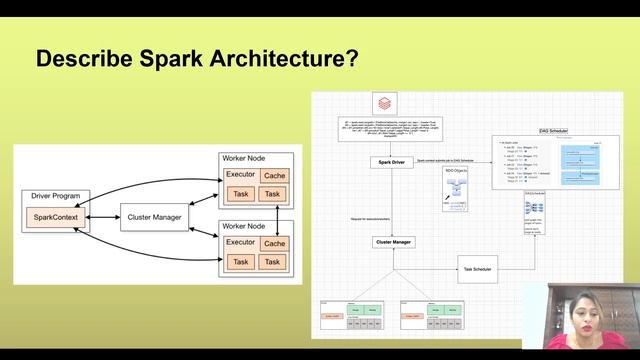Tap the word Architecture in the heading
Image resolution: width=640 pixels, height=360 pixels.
[x=270, y=59]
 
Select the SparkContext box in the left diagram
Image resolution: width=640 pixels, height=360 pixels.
[x=55, y=216]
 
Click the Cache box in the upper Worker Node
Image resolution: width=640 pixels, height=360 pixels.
[x=275, y=176]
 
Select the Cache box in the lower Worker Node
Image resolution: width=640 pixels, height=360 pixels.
[x=275, y=243]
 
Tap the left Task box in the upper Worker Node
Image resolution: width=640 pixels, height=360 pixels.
[x=240, y=194]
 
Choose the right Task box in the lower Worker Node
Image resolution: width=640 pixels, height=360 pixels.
[x=275, y=262]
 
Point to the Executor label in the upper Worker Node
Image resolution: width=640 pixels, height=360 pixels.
[x=241, y=176]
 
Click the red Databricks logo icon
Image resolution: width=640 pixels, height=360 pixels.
[x=385, y=104]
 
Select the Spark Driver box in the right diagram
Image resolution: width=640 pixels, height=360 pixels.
[x=392, y=161]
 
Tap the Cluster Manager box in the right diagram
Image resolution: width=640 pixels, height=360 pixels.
[x=392, y=242]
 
